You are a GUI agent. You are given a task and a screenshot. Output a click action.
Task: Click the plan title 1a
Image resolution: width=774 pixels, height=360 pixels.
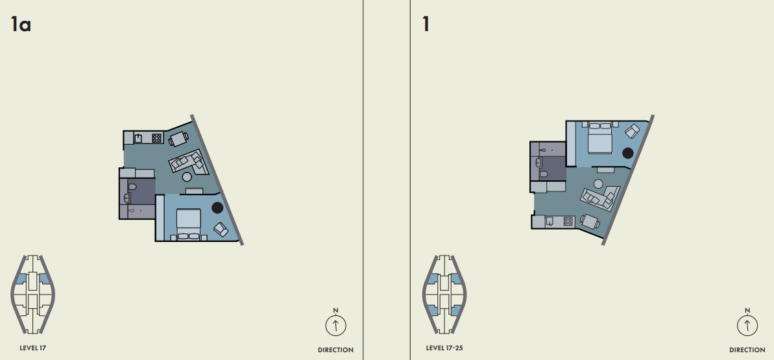coord(21,24)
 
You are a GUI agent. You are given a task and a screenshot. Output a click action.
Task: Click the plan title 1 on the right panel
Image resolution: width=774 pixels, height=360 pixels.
coord(426,24)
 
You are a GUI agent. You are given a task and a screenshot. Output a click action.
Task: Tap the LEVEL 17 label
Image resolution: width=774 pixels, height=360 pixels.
coord(32,348)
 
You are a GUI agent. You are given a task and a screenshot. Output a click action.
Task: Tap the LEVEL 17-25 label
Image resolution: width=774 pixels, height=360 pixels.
coord(444,348)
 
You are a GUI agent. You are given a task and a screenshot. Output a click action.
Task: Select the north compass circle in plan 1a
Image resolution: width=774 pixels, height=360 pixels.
coord(335,326)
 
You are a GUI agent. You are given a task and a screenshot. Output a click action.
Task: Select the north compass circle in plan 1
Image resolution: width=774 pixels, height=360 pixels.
coord(747,326)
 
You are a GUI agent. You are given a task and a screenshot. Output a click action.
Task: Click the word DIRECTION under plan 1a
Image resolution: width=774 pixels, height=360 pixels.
coord(335,350)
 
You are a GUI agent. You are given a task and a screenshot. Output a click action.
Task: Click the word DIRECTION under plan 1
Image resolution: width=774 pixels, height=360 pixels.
coord(747,350)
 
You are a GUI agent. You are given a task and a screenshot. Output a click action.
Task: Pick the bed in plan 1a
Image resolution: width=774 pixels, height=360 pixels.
coord(189,224)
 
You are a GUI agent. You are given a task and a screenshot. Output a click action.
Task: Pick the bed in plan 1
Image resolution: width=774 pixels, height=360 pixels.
coord(600,138)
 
